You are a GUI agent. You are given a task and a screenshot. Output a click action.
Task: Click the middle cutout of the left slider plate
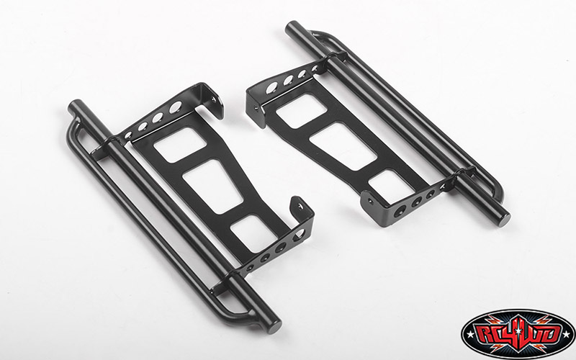point(210,185)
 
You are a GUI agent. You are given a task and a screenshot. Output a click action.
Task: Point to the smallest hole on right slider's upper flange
point(315,69)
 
